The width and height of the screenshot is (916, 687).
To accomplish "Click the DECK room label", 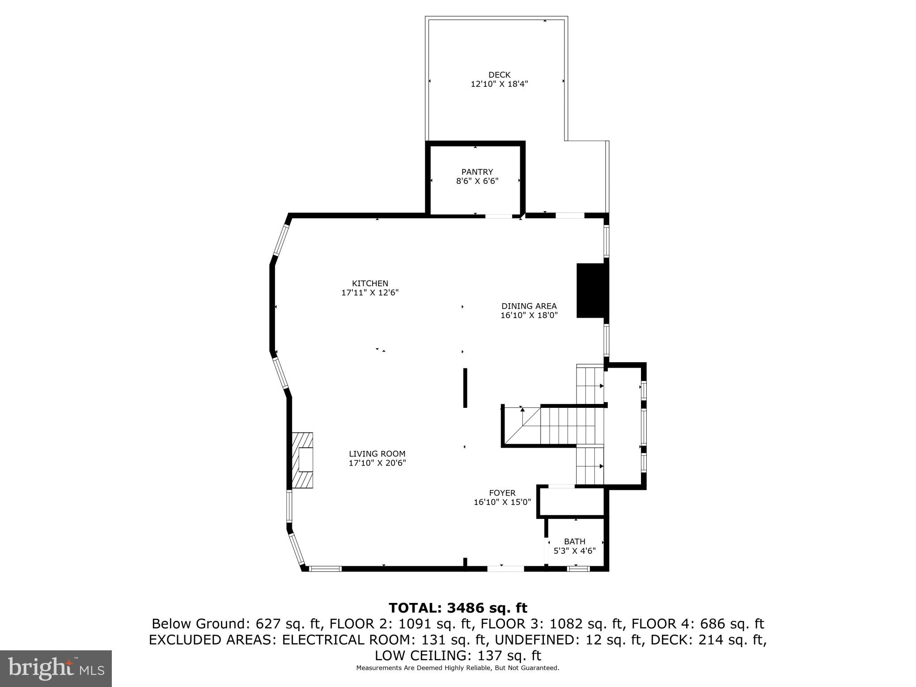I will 499,75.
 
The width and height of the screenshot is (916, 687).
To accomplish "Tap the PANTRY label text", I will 477,172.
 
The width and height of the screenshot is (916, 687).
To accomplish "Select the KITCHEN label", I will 370,283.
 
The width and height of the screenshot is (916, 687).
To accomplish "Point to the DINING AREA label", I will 529,306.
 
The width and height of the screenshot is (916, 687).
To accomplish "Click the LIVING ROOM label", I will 377,454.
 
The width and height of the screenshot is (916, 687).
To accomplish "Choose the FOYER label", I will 502,493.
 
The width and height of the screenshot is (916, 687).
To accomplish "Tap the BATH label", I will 574,542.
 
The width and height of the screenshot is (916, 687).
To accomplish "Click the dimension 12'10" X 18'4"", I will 499,84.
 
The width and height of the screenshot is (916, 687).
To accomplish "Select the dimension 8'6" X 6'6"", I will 477,181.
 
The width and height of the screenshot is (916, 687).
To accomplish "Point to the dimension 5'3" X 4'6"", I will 574,551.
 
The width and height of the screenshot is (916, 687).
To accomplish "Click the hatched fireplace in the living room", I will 302,460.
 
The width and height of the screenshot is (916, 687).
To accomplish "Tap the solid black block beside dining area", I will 590,291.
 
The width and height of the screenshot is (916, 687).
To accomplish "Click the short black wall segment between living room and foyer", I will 465,388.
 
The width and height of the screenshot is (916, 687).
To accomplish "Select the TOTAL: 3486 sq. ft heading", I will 458,608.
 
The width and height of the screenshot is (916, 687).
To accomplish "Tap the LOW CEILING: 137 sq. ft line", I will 458,656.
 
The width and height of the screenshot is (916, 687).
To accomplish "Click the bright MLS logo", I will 56,668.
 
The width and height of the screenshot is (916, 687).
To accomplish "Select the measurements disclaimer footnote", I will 458,668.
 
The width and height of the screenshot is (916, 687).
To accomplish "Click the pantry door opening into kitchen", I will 499,216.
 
